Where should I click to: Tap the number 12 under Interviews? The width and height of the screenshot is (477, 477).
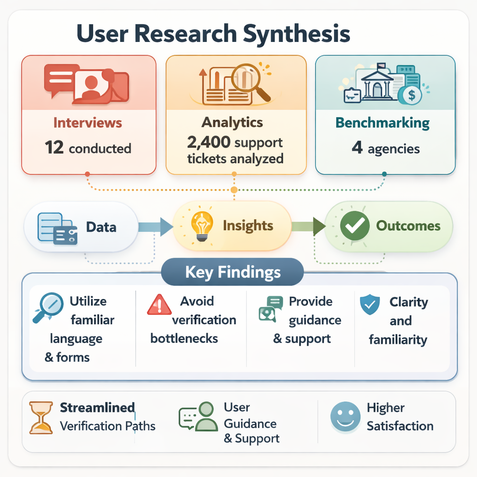(x=54, y=148)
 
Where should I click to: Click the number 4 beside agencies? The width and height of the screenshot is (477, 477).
(x=357, y=149)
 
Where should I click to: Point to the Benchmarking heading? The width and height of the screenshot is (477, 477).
(x=382, y=123)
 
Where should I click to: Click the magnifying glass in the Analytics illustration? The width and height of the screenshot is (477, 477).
(x=250, y=79)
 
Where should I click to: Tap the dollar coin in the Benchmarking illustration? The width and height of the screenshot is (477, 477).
(x=411, y=95)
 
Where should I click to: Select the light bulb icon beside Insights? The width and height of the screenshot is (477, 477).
(x=202, y=226)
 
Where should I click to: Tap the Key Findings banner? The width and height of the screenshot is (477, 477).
(x=232, y=272)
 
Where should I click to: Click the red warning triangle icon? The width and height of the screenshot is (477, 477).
(x=159, y=306)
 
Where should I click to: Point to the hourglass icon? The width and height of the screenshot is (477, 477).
(x=41, y=417)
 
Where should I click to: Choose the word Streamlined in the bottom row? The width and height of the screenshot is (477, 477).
(x=97, y=408)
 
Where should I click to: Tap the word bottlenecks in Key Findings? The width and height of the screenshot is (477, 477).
(x=184, y=339)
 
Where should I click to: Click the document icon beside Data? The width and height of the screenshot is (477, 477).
(x=57, y=227)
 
